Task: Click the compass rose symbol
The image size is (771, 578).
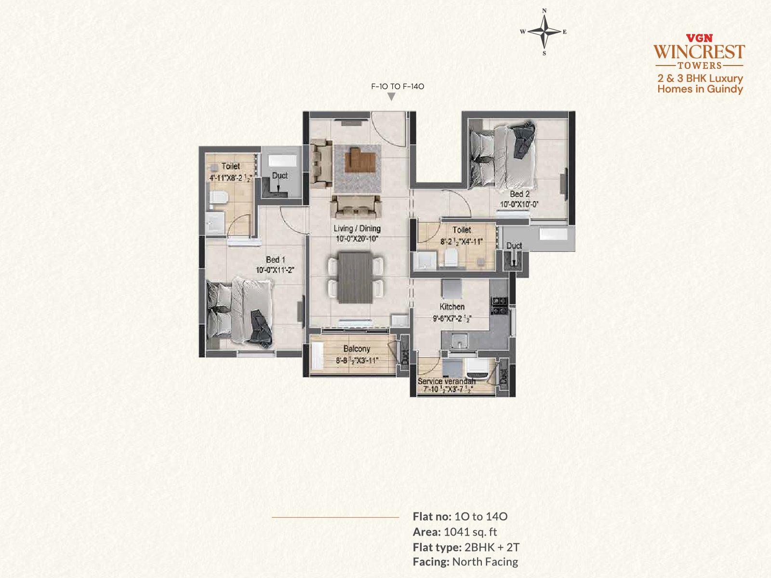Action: point(544,32)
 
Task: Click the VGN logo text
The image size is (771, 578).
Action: point(699,38)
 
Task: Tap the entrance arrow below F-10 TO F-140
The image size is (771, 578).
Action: point(391,96)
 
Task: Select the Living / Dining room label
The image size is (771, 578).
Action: point(357,228)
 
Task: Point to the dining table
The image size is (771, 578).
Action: point(355,277)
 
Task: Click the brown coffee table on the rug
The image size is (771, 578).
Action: point(360,160)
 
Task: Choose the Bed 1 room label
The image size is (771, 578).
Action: point(275,260)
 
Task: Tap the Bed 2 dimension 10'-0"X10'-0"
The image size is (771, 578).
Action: point(519,204)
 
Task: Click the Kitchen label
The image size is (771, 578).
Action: point(452,307)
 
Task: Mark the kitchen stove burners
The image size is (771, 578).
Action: point(499,306)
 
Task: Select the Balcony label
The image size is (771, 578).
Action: point(357,349)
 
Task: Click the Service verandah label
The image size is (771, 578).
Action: point(446,381)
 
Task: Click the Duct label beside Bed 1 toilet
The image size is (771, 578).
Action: point(280,175)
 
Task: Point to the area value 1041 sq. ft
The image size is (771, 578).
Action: point(470,532)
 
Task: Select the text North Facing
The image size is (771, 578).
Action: point(485,562)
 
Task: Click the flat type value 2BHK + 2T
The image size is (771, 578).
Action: point(492,547)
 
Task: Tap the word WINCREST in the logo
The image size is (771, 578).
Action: point(699,52)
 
